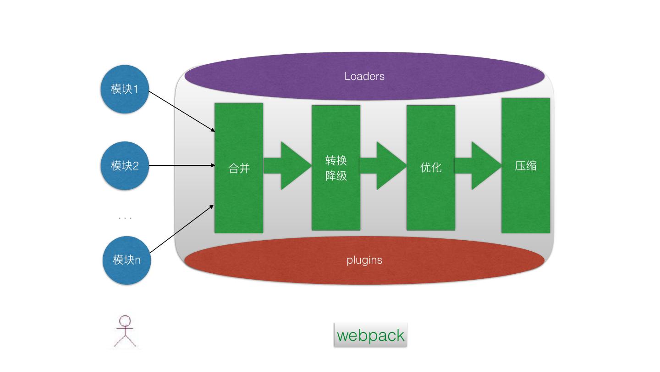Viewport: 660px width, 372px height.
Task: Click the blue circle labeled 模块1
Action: point(125,89)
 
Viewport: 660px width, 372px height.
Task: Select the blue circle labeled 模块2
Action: point(125,166)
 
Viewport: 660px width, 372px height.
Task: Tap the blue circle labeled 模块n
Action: point(126,260)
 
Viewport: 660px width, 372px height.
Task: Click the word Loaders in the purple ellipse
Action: point(364,76)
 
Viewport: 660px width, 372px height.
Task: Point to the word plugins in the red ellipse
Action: point(364,260)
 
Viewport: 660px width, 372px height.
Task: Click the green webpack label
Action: point(370,335)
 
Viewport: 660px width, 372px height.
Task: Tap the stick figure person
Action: point(125,331)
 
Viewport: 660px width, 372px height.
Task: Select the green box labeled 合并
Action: point(239,168)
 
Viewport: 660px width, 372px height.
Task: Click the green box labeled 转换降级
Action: point(336,168)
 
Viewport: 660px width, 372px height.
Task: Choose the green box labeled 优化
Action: point(431,168)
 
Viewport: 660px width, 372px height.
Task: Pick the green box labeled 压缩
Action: point(526,165)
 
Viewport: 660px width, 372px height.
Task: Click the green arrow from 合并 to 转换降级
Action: point(287,166)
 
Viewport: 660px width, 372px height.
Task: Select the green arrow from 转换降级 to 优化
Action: point(383,166)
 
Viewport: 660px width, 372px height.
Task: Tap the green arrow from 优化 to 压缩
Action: point(478,166)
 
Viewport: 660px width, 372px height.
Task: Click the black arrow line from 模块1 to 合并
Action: point(182,111)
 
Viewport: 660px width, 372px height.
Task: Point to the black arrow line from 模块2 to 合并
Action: point(182,165)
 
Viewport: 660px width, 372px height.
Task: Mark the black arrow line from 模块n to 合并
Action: point(182,229)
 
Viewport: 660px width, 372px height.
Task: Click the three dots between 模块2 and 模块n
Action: point(125,218)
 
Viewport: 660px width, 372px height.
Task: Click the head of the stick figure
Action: point(125,321)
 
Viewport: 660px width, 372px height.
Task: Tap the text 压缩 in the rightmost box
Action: point(526,166)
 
